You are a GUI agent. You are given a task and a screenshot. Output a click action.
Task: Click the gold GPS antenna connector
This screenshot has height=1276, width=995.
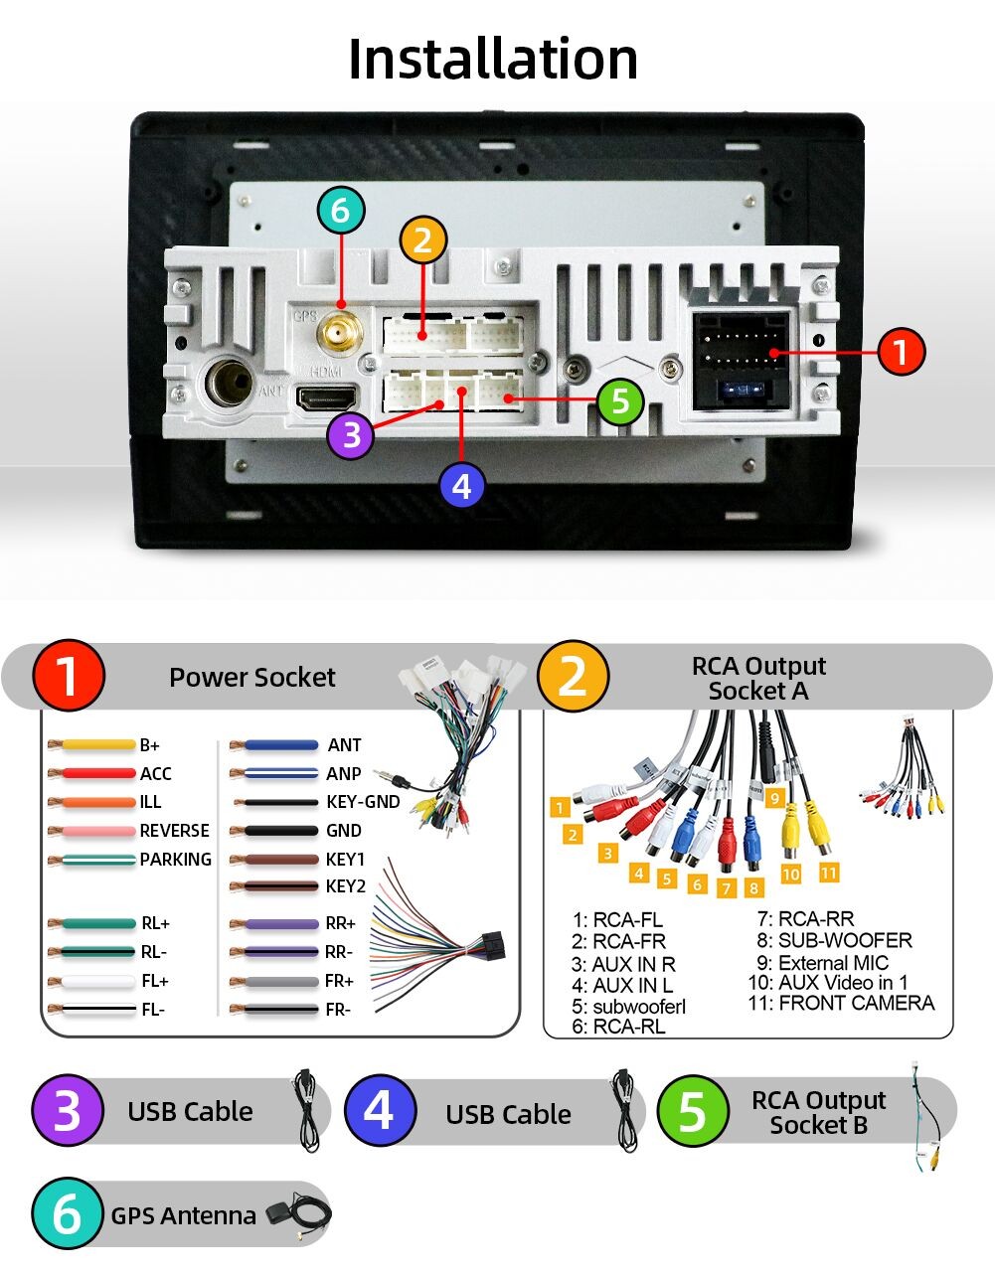340,332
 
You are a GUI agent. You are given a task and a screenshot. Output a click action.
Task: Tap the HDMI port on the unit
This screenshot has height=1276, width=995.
326,399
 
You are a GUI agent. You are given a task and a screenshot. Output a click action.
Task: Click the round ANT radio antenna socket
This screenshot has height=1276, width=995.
229,384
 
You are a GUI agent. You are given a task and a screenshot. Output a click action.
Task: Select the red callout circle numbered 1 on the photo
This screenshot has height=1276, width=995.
901,352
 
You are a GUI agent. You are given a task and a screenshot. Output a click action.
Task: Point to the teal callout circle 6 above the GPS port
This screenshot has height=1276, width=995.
341,211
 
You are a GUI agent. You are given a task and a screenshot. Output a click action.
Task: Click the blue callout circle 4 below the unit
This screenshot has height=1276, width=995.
461,486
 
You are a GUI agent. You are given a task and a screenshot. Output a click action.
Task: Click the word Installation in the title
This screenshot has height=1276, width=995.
493,59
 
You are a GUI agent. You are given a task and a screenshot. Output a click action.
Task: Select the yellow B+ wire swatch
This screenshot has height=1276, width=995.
92,745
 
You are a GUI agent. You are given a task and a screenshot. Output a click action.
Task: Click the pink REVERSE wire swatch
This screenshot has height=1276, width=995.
92,831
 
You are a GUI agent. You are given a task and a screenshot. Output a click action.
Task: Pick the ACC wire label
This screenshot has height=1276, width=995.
156,774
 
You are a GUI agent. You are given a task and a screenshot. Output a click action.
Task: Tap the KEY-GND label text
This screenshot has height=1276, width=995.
363,802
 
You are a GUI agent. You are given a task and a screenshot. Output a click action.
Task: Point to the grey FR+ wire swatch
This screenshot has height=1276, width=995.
274,982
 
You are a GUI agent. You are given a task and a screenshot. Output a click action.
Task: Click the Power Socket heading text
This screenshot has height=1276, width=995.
252,677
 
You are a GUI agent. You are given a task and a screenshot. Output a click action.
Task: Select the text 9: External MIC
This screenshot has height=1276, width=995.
822,963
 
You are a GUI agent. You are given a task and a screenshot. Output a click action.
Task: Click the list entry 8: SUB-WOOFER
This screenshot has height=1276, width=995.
834,941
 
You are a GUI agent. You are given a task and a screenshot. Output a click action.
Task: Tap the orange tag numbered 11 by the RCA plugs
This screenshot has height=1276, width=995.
828,873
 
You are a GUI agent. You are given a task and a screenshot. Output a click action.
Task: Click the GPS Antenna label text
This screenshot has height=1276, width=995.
183,1215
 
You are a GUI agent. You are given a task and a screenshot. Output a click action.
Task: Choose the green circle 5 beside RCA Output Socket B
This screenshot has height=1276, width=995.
693,1111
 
